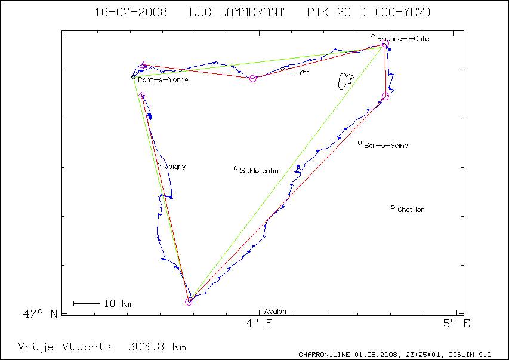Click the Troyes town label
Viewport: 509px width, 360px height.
(298, 72)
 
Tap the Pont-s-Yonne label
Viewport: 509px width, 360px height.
(163, 80)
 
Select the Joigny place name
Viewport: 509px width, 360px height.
(175, 167)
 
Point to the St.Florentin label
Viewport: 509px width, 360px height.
(259, 171)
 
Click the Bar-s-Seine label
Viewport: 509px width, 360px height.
(385, 146)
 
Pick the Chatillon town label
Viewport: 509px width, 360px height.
(411, 210)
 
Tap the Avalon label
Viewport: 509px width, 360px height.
(275, 312)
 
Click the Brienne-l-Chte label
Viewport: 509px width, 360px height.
(403, 39)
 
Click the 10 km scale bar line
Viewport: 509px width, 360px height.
(87, 303)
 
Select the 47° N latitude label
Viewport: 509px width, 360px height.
(40, 314)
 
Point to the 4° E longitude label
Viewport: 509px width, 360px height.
(260, 324)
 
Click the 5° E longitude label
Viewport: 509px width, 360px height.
(456, 324)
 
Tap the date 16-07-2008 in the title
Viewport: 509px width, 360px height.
(131, 13)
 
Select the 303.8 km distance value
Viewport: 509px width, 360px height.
(157, 347)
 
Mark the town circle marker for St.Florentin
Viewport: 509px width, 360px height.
(236, 168)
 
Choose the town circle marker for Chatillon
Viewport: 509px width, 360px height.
(393, 207)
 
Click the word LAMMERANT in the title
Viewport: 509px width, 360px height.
(237, 13)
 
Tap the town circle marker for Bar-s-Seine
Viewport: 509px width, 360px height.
(360, 143)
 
